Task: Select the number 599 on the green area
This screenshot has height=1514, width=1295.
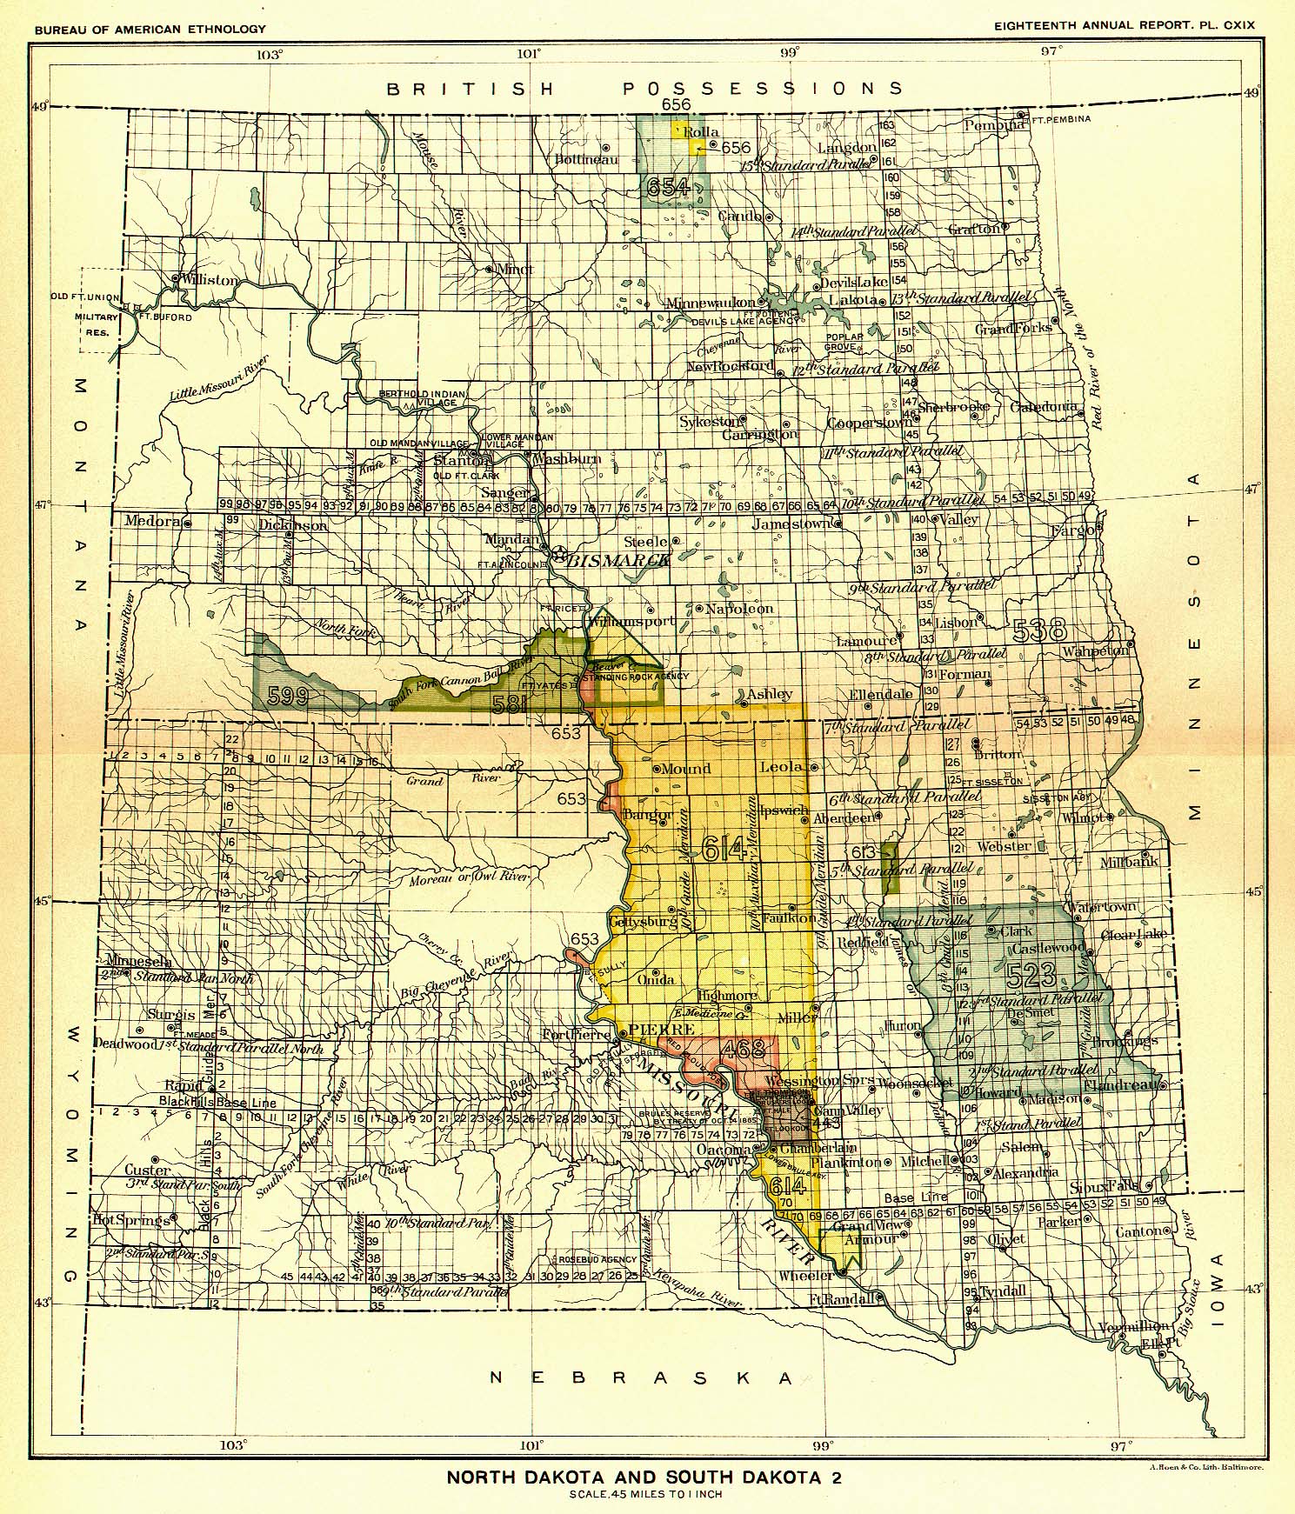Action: point(288,695)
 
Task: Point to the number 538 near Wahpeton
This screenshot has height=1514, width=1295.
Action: point(1039,630)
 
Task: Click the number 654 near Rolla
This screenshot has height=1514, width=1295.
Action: point(668,186)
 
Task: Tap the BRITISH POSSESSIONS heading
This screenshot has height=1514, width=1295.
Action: point(644,88)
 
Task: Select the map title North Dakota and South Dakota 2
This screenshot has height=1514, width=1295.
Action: point(644,1476)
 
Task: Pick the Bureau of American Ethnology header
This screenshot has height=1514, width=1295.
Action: point(150,29)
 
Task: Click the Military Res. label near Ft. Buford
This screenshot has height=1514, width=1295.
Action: point(96,324)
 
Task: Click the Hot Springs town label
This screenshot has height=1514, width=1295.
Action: point(130,1220)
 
